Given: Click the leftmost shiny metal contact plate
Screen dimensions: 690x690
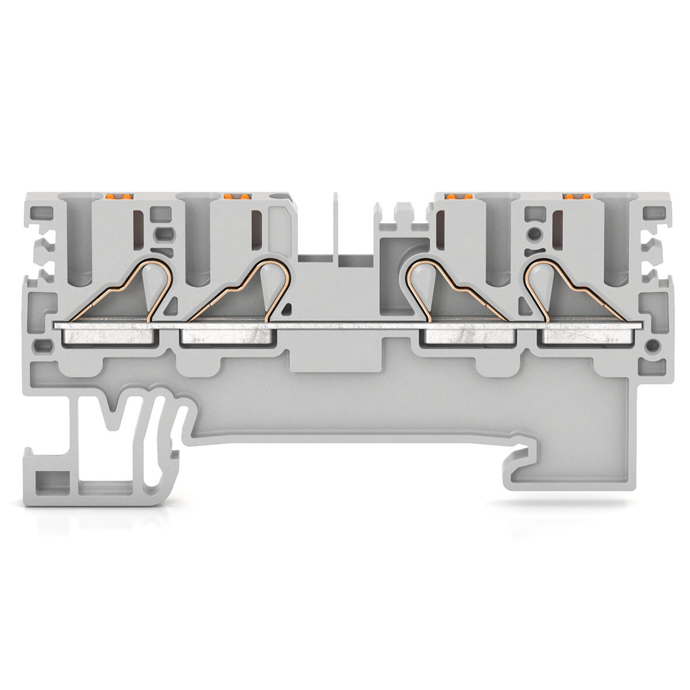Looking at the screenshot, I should (110, 336).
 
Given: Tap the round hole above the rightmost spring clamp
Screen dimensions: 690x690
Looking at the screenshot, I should (533, 236).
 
